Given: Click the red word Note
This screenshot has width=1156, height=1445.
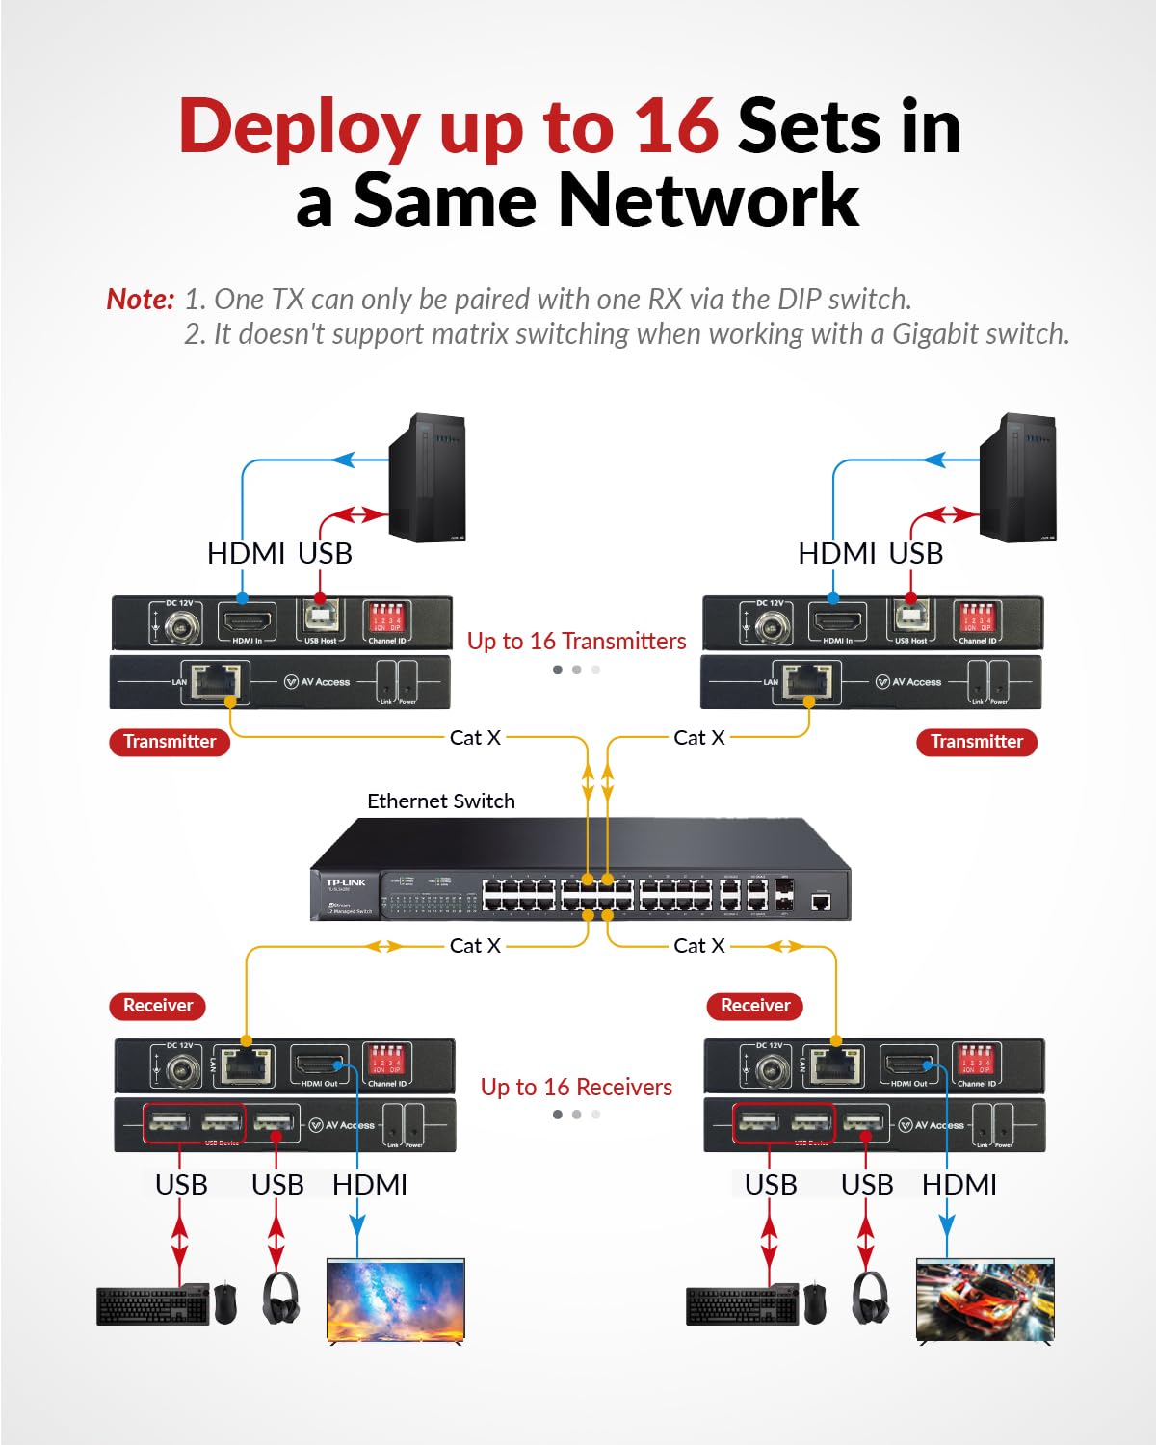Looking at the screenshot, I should pyautogui.click(x=140, y=300).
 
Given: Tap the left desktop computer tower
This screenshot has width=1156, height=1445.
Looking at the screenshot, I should pyautogui.click(x=427, y=478).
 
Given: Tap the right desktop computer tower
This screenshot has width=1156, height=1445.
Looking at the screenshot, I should pyautogui.click(x=1017, y=478).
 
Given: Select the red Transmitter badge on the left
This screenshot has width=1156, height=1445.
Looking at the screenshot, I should pyautogui.click(x=170, y=742).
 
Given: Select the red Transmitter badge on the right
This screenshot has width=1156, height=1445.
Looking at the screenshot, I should pyautogui.click(x=976, y=742).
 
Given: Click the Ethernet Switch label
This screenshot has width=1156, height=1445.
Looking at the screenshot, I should pyautogui.click(x=441, y=801).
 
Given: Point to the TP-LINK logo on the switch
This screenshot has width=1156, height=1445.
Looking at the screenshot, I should pyautogui.click(x=346, y=883).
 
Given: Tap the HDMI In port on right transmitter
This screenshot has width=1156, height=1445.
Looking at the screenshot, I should pyautogui.click(x=836, y=620).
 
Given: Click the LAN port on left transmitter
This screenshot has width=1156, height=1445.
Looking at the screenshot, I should pyautogui.click(x=220, y=681).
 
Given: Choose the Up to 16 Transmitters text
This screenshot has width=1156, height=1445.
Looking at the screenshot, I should pyautogui.click(x=576, y=642).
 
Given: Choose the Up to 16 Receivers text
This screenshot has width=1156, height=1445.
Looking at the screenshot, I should pyautogui.click(x=576, y=1088).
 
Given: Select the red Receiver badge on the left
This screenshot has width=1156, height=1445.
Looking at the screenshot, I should pyautogui.click(x=158, y=1006).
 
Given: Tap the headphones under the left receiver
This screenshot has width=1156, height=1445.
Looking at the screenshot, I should pyautogui.click(x=280, y=1299).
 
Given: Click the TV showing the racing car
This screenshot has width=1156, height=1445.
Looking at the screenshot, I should pyautogui.click(x=985, y=1300).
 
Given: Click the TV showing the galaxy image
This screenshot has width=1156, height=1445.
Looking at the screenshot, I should pyautogui.click(x=396, y=1300).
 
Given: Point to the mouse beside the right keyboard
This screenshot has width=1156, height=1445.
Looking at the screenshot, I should pyautogui.click(x=815, y=1302).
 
